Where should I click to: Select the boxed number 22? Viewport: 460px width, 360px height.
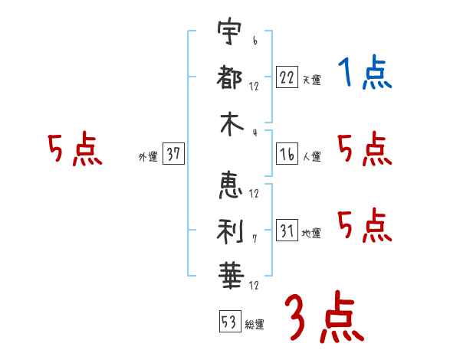point(287,77)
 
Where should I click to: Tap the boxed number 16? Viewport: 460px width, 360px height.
point(287,154)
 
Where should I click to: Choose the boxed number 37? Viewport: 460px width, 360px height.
point(173,154)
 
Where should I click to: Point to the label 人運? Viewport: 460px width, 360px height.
point(311,157)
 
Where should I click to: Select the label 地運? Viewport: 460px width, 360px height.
point(311,233)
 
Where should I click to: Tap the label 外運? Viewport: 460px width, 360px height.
point(147,157)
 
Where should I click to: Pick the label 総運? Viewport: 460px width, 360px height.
point(255,324)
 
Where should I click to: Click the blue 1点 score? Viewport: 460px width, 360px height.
point(365,74)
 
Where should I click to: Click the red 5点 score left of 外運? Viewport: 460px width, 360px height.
point(74,150)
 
